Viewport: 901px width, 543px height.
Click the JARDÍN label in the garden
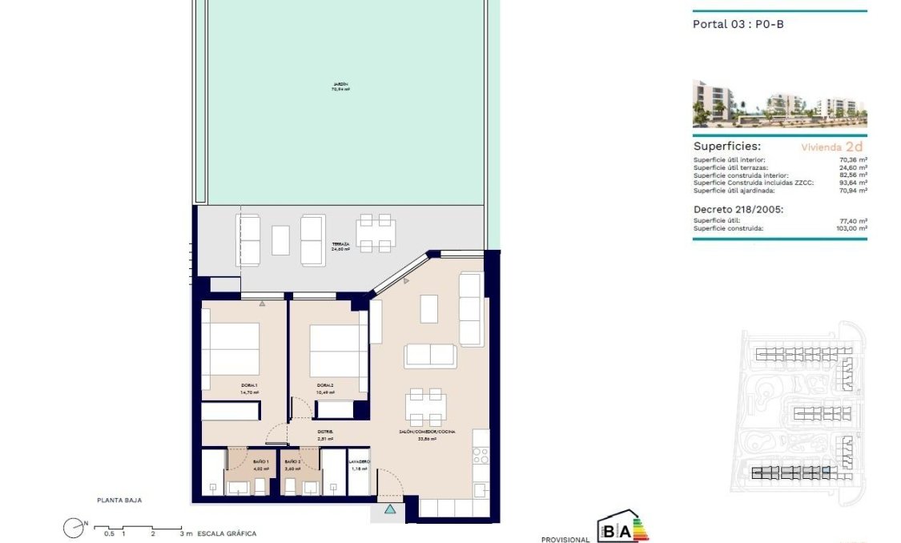[340, 86]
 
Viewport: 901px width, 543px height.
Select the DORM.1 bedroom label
[250, 388]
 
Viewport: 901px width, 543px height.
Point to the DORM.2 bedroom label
[324, 388]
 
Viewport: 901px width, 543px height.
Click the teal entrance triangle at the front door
[390, 509]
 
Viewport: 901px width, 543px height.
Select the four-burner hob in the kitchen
[480, 456]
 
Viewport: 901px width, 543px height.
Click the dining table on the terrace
[375, 232]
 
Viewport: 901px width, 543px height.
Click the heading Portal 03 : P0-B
[738, 24]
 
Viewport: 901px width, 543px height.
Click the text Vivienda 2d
[832, 147]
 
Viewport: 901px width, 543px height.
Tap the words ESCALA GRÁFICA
[227, 533]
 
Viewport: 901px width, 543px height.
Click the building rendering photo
[778, 104]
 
